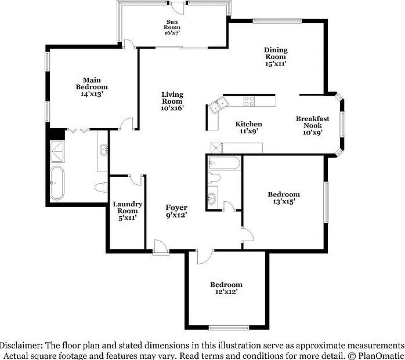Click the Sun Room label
pos(172,24)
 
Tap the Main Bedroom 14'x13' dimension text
pos(92,94)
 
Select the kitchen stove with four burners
pos(249,101)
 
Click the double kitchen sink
pos(219,106)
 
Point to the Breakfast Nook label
pos(313,122)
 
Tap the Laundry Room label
pos(128,208)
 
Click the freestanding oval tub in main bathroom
pos(57,183)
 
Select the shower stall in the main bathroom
pos(57,151)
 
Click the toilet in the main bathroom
pos(101,187)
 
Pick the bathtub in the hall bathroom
pos(225,163)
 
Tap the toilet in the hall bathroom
pos(214,178)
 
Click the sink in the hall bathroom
pos(212,198)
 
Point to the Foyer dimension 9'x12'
pos(176,214)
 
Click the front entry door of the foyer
pos(161,248)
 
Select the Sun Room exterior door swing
pos(178,8)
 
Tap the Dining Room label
pos(276,53)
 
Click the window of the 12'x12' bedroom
pos(229,328)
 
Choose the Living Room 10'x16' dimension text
pos(172,108)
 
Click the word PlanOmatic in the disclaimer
pos(381,356)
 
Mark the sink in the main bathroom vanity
pos(104,150)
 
